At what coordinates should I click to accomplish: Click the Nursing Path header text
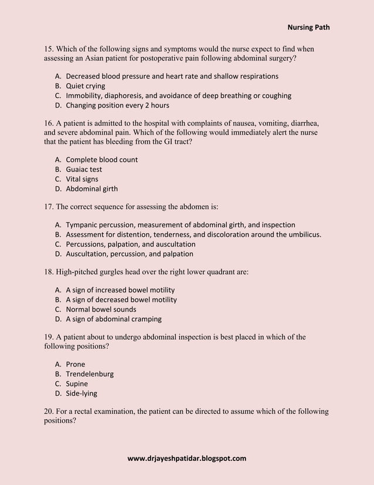308,27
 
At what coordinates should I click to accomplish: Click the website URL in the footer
186,458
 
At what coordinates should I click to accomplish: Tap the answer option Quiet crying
86,86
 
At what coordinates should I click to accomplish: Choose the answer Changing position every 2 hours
117,106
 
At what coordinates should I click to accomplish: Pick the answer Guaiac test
84,169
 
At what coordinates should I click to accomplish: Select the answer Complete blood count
101,159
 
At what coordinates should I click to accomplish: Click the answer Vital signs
82,179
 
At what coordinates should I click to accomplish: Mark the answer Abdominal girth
91,189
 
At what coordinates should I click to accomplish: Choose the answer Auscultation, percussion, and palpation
129,254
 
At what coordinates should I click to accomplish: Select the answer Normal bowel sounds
101,309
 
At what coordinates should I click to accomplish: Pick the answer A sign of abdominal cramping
114,319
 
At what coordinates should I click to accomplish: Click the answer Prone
75,364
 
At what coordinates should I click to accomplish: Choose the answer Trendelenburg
90,374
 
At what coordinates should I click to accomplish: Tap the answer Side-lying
81,393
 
